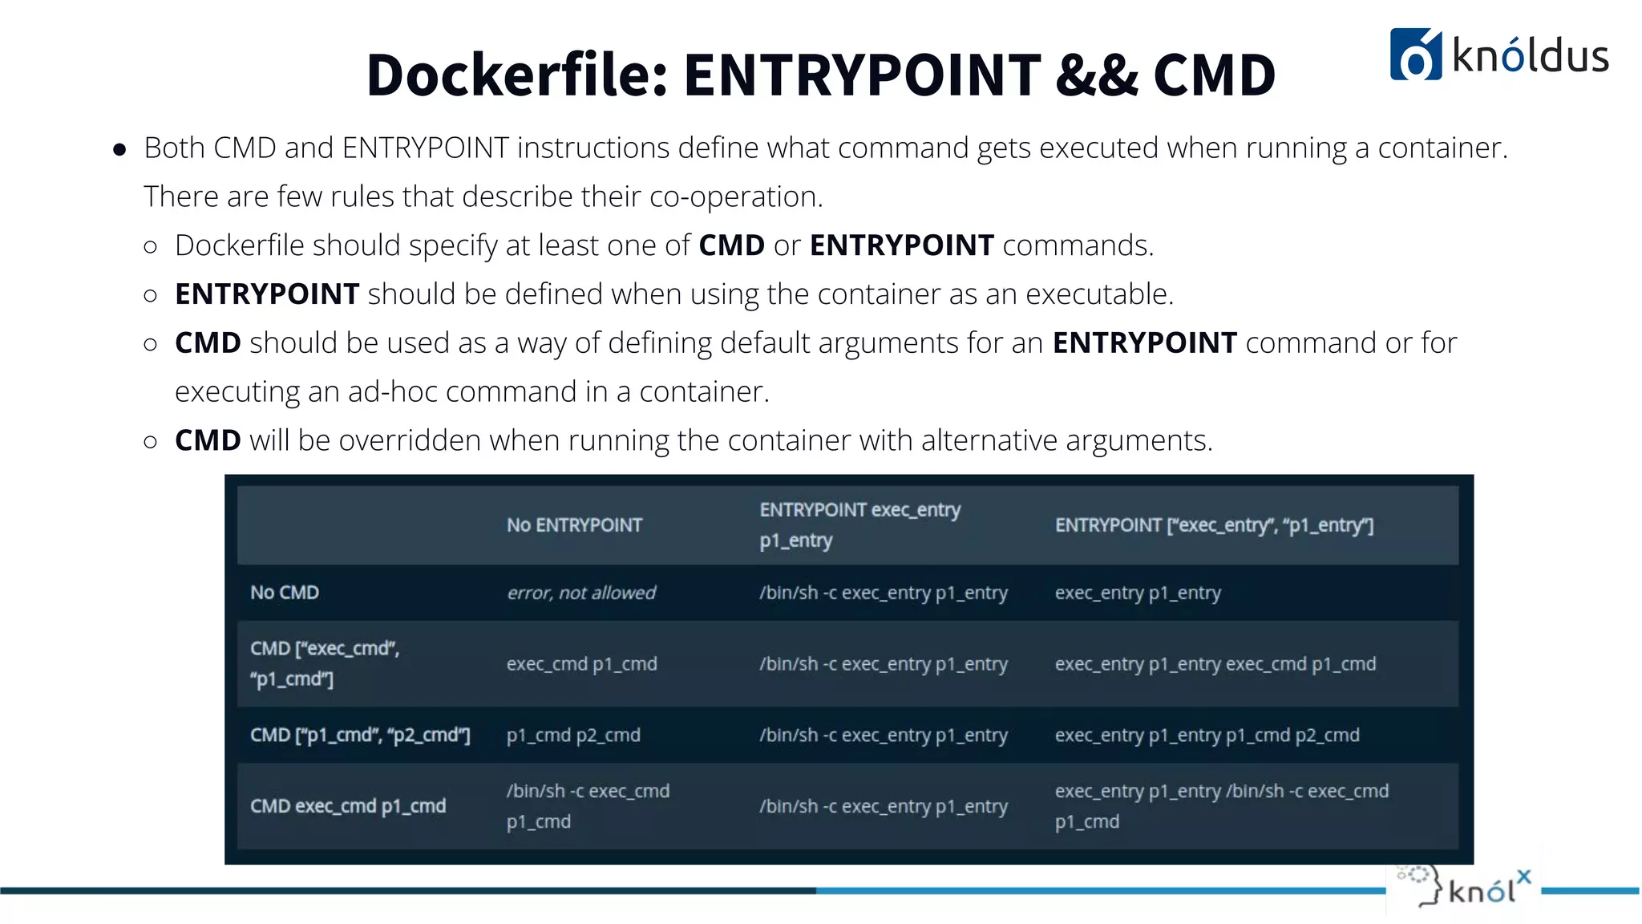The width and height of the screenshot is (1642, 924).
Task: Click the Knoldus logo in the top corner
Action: pos(1498,55)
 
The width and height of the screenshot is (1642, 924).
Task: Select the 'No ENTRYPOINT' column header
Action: pos(574,525)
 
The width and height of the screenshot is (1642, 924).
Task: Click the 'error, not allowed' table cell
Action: pos(581,593)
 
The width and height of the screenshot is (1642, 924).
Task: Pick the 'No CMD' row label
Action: pos(285,593)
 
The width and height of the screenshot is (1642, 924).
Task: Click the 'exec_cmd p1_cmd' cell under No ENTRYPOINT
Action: pos(581,664)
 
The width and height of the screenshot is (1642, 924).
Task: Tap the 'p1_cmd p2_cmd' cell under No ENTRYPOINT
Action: pos(573,736)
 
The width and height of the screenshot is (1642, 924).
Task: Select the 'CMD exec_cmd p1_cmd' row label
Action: pos(348,806)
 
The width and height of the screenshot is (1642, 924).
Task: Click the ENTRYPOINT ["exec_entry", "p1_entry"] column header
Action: pos(1214,525)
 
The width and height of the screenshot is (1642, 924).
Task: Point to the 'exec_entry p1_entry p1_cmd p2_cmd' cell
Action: pos(1207,736)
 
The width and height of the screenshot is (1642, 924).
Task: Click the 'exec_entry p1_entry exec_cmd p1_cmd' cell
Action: pos(1215,664)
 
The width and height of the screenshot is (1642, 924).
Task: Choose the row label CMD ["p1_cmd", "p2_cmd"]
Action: pos(360,736)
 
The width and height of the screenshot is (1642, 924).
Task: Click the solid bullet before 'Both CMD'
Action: pos(119,149)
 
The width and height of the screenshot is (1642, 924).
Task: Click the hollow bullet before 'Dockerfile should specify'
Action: pos(150,246)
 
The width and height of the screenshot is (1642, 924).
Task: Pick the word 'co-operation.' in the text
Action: pos(736,197)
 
